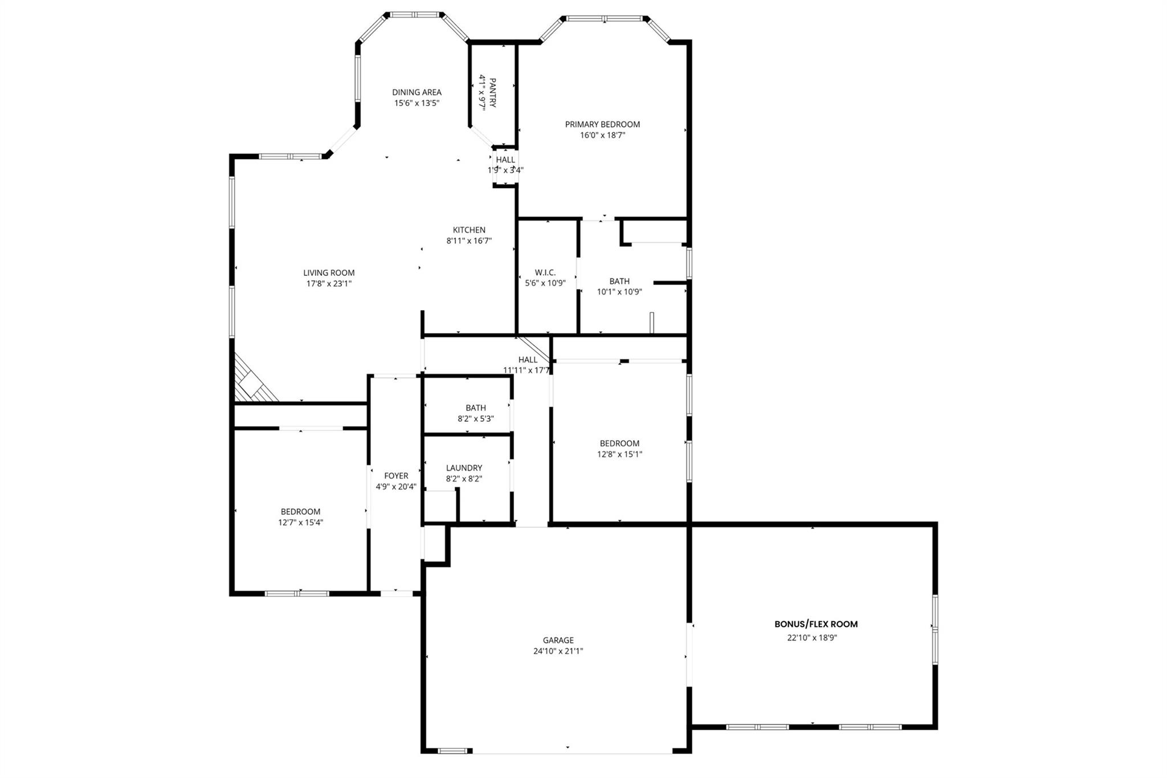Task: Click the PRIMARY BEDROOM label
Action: coord(602,124)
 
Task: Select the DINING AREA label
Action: coord(417,92)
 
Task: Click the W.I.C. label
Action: coord(545,272)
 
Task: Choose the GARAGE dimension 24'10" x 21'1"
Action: coord(558,651)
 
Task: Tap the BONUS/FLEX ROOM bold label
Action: coord(815,624)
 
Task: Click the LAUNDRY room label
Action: coord(464,468)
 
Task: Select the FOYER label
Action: coord(396,476)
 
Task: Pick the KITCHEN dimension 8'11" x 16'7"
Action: coord(469,241)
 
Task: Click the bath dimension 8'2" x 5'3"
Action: coord(475,419)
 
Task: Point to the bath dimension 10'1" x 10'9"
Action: coord(619,292)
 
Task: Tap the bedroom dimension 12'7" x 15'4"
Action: coord(300,523)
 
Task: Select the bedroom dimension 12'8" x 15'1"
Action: coord(619,454)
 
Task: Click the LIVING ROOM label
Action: coord(329,273)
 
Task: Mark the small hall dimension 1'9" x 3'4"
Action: coord(505,170)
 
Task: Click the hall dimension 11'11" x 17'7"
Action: coord(527,370)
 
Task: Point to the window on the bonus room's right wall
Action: coord(935,629)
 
